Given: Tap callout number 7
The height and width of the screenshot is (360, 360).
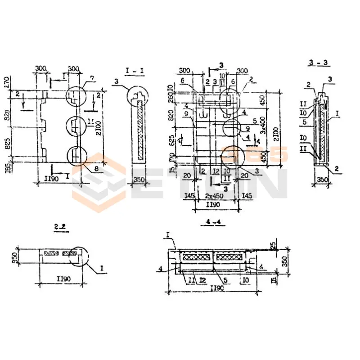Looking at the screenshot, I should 92,79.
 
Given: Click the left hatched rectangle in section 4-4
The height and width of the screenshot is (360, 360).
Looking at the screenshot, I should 195,257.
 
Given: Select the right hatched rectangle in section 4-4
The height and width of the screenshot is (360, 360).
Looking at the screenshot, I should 230,257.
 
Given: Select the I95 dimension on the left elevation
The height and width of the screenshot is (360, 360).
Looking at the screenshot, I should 6,165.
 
